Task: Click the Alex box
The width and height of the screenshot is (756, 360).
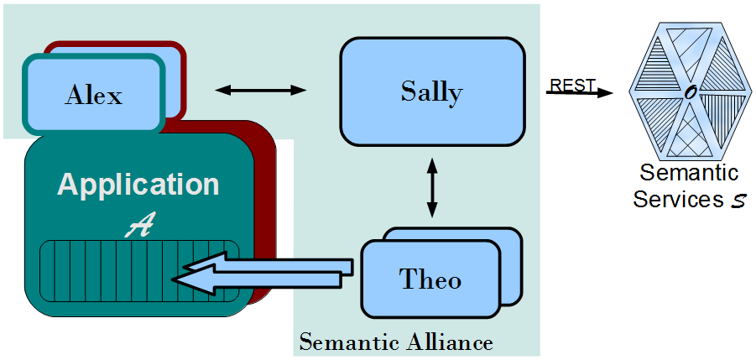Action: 92,95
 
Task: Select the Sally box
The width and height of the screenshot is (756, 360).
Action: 431,91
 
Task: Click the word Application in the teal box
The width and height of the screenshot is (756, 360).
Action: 138,185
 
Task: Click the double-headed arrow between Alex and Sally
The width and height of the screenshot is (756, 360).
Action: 261,89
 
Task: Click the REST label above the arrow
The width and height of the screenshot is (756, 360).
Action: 572,85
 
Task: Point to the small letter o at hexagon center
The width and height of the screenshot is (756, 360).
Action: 689,93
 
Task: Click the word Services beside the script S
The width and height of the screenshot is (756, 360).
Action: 675,200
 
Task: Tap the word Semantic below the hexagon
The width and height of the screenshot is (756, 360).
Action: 689,174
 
